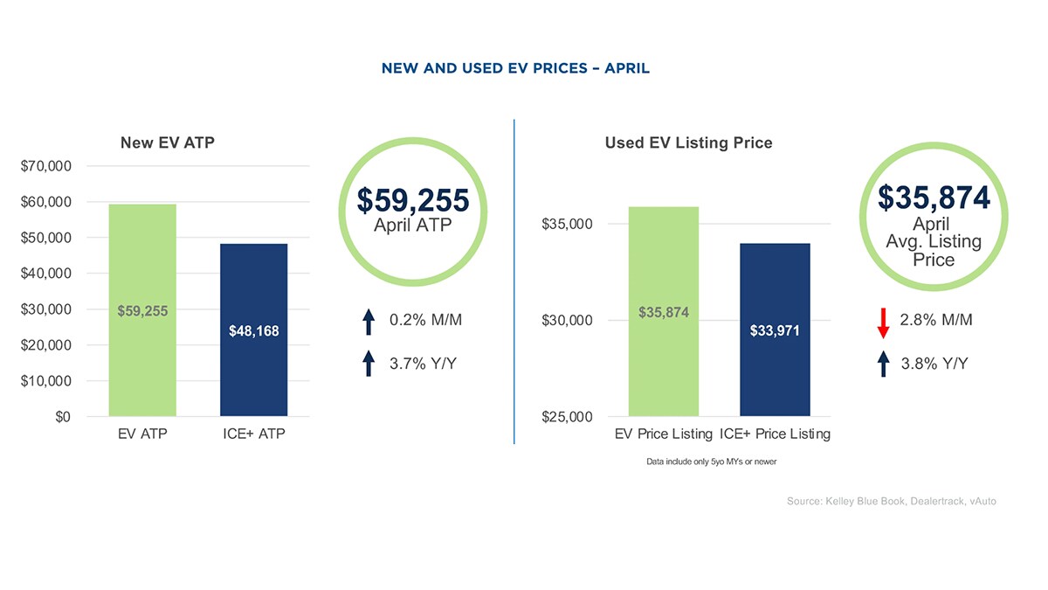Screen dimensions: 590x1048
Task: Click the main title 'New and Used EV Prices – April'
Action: pos(515,68)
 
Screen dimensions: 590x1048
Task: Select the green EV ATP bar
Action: pos(142,262)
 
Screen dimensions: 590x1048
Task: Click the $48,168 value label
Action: pos(253,331)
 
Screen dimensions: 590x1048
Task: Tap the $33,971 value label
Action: pos(775,331)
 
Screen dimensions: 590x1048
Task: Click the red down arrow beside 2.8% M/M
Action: pos(883,322)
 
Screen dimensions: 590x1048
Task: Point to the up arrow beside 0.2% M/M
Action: pos(369,322)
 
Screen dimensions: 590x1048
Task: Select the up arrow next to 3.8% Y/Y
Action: pos(883,364)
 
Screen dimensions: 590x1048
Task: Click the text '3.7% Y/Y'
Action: pos(423,364)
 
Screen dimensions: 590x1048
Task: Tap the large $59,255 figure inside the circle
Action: pos(413,201)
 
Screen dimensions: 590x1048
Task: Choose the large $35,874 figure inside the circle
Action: pos(934,198)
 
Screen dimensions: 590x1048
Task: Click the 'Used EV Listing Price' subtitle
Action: pos(688,142)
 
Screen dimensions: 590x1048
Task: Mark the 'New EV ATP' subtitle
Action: pos(167,142)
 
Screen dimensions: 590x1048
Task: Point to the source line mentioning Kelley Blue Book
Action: pos(891,501)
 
